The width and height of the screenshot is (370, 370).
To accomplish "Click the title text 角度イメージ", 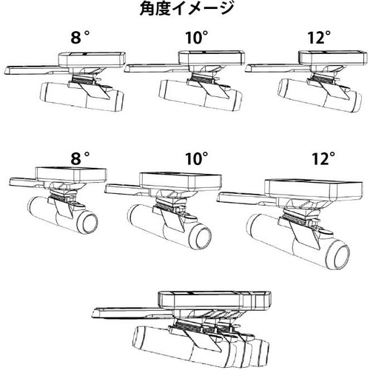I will (184, 10).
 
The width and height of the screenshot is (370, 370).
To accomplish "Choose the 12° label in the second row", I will (323, 158).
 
